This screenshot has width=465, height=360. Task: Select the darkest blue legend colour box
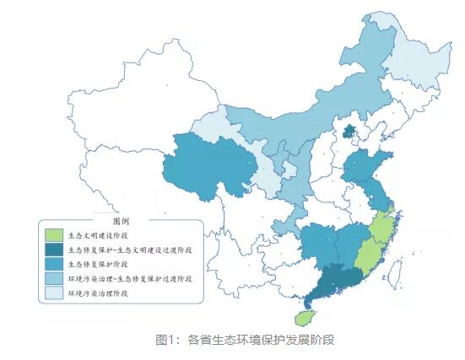point(52,250)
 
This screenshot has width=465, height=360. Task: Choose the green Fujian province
point(371,249)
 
